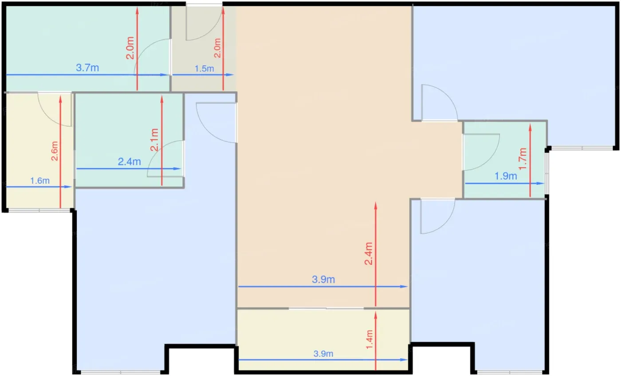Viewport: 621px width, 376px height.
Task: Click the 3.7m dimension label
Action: [x=87, y=68]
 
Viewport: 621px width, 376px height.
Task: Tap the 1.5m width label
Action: [x=204, y=68]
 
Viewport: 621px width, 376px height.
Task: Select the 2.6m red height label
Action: [x=55, y=151]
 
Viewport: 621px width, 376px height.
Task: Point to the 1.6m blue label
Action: [x=40, y=181]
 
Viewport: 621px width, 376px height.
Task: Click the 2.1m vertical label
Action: [x=154, y=140]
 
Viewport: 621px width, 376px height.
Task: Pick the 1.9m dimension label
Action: [x=506, y=176]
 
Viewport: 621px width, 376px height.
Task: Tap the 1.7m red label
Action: [x=523, y=159]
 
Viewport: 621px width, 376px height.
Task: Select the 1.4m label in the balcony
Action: [x=369, y=340]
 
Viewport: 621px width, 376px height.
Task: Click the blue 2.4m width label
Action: [x=129, y=162]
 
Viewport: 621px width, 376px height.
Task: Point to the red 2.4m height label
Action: [x=369, y=253]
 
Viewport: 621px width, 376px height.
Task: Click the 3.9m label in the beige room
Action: [x=323, y=280]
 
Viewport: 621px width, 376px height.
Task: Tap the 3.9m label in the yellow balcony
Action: [x=323, y=354]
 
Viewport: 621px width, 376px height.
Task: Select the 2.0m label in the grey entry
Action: [x=218, y=48]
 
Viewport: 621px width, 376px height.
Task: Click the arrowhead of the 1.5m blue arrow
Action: [x=230, y=75]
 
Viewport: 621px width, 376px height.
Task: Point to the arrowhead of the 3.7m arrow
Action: [x=165, y=75]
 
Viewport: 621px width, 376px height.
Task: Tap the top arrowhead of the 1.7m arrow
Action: [x=530, y=128]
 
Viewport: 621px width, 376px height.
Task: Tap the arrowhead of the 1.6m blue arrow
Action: [x=68, y=187]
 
